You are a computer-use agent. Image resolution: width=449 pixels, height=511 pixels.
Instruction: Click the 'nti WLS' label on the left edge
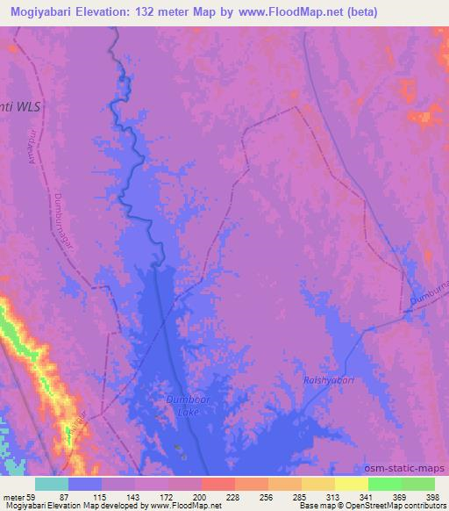pos(20,105)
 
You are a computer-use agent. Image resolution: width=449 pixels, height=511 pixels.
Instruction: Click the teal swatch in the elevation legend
pos(52,484)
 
